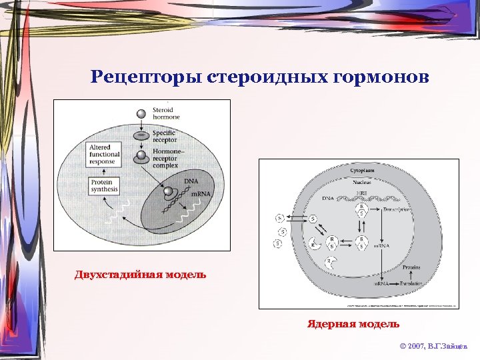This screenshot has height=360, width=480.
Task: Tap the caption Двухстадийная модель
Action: (140, 274)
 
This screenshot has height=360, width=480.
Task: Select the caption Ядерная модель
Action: (353, 324)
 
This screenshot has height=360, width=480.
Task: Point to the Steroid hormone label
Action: (163, 113)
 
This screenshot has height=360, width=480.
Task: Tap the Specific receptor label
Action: (164, 137)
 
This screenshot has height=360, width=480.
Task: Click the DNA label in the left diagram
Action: (191, 181)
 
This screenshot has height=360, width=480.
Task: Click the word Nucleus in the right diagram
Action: (362, 182)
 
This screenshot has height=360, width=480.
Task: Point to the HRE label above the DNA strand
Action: (362, 193)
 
